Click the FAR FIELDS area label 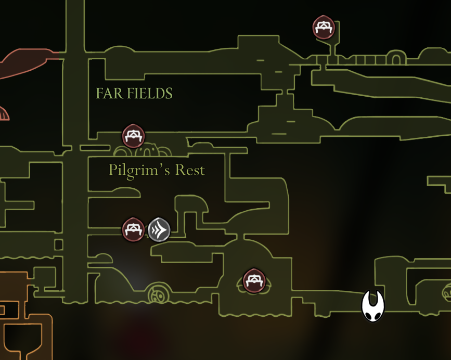coord(134,94)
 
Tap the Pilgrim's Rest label coord(157,170)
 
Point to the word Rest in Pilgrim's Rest coord(190,170)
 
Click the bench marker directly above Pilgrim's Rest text coord(133,136)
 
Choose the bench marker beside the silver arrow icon coord(133,229)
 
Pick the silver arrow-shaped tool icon coord(159,229)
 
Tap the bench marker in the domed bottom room coord(253,280)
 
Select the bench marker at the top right coord(324,27)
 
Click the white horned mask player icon coord(373,306)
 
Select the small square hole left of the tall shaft coord(58,245)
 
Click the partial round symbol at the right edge coord(447,292)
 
